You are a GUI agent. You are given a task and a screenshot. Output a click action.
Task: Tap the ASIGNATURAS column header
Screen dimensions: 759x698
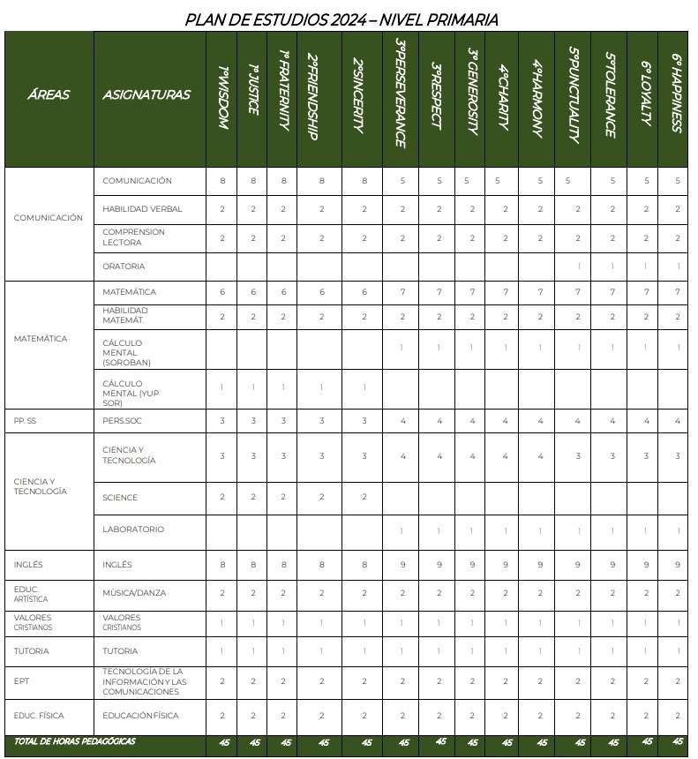[146, 94]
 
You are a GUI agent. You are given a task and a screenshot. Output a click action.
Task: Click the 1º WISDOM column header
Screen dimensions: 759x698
[222, 99]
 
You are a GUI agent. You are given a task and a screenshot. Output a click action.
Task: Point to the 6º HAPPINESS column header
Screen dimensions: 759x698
[677, 94]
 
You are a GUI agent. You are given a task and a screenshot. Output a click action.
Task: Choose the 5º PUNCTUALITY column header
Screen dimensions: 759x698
[574, 94]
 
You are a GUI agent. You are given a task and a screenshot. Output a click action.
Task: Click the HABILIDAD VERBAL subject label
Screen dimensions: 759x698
[142, 209]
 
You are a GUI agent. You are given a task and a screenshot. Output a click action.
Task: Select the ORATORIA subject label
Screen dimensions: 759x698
[124, 266]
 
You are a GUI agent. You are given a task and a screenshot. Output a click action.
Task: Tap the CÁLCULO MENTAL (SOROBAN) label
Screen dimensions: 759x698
[127, 352]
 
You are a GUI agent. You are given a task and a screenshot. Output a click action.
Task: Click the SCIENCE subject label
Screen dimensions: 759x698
[120, 498]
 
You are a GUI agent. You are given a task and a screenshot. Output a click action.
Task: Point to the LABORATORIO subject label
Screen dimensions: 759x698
[132, 530]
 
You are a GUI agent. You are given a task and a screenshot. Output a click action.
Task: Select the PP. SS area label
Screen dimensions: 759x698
[26, 421]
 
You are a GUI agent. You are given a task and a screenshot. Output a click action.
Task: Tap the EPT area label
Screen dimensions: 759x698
[22, 681]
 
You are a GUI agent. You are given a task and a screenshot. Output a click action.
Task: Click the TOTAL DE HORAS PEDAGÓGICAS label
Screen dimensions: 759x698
[75, 741]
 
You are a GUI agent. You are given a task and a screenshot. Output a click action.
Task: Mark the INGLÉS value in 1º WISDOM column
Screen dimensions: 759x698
[222, 564]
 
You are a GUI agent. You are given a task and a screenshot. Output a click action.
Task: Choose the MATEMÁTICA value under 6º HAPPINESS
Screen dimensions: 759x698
[677, 292]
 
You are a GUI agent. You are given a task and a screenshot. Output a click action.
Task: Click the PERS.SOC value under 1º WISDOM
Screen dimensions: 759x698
[222, 421]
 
